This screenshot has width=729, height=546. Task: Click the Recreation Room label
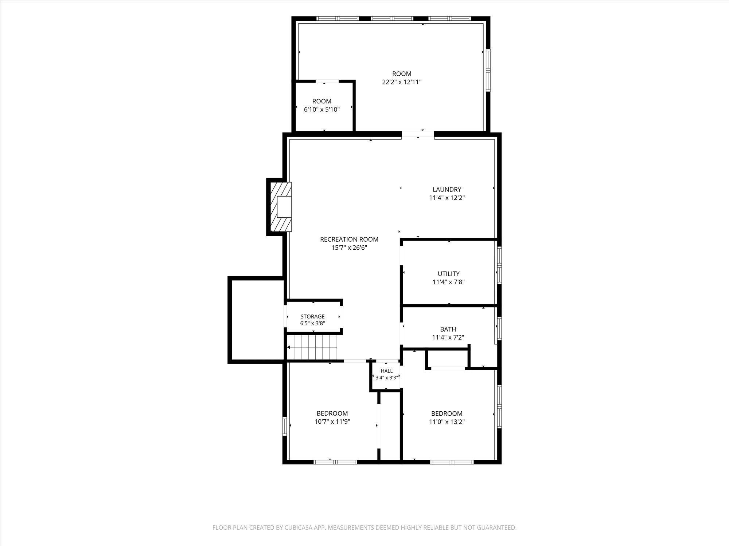(x=349, y=239)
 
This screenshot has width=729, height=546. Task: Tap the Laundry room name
(x=447, y=189)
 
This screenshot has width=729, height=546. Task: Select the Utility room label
(x=449, y=274)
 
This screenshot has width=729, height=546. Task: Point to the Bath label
(x=448, y=329)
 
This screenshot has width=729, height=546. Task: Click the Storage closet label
(x=312, y=317)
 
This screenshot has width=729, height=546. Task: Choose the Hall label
(x=387, y=371)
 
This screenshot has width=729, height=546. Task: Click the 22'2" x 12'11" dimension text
(x=402, y=82)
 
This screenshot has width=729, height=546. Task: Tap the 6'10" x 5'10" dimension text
(x=322, y=109)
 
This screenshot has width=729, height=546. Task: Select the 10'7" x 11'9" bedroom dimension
(x=332, y=422)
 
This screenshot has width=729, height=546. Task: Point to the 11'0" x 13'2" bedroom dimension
(x=447, y=422)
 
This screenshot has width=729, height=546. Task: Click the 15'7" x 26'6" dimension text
(x=349, y=248)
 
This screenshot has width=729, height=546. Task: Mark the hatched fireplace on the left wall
(x=280, y=207)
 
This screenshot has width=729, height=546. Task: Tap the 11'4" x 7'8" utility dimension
(x=449, y=282)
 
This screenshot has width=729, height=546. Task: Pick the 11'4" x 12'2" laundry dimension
(x=447, y=198)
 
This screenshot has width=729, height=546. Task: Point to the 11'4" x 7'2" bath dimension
(x=448, y=337)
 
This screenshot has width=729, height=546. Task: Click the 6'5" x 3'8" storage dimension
(x=312, y=323)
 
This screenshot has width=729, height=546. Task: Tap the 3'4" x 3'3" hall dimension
(x=387, y=378)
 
